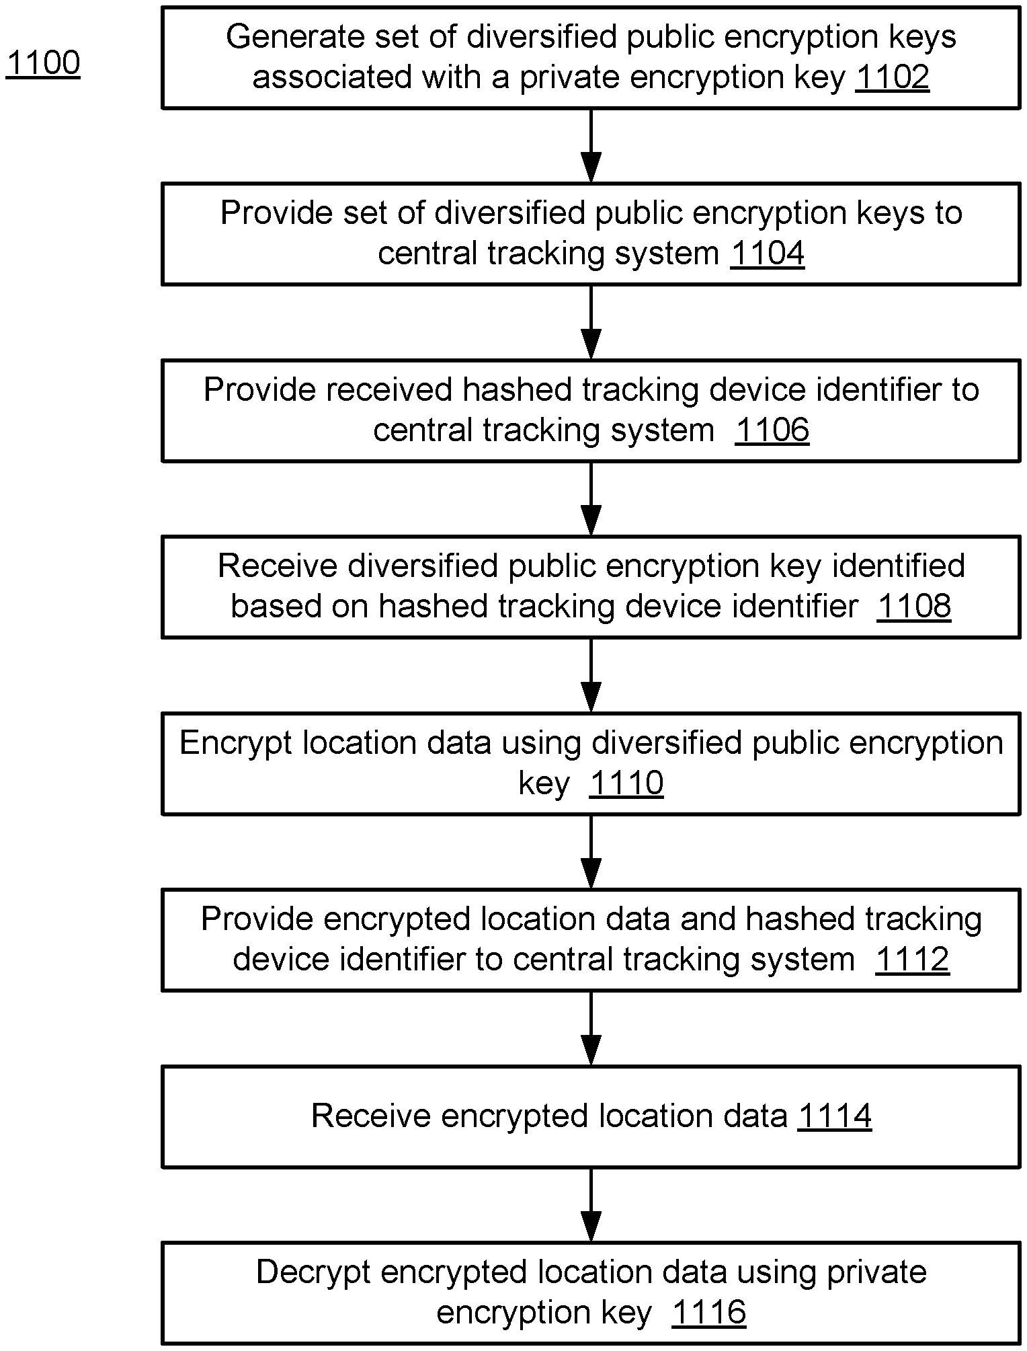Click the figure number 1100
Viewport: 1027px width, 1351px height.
[43, 63]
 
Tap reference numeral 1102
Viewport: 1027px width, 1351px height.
[893, 77]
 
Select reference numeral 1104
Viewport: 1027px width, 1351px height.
[768, 254]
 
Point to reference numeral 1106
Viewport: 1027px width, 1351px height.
[772, 430]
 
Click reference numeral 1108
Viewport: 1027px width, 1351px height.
[914, 606]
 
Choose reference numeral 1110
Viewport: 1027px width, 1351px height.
[626, 783]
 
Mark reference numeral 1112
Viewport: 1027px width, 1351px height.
[912, 959]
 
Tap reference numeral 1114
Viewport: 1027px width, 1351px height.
[835, 1116]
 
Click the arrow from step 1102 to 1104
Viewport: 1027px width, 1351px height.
[591, 145]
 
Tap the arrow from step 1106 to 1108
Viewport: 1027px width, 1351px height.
[591, 498]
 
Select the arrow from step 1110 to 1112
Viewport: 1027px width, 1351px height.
[591, 851]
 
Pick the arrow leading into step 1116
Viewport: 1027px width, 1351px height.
[591, 1204]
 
